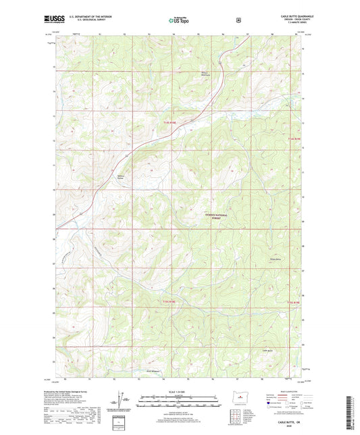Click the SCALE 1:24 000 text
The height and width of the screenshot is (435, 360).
(x=179, y=392)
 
